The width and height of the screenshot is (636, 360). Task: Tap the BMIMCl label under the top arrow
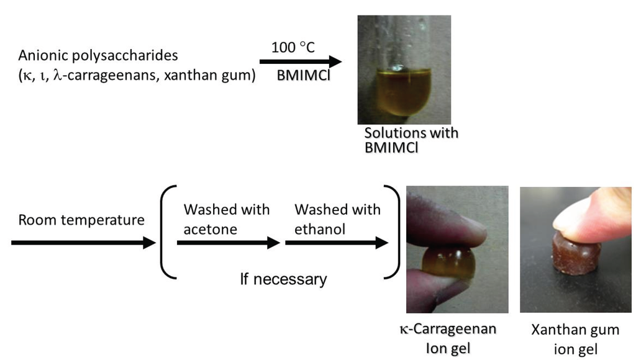303,76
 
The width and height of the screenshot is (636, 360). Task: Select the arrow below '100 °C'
301,61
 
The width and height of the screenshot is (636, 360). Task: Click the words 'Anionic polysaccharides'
98,55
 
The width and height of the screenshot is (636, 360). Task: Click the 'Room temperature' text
81,220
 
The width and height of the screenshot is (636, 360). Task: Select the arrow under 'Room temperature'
83,242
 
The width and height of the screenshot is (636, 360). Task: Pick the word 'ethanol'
320,229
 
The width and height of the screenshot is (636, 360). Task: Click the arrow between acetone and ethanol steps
228,243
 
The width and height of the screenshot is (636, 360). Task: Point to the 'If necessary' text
283,279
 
